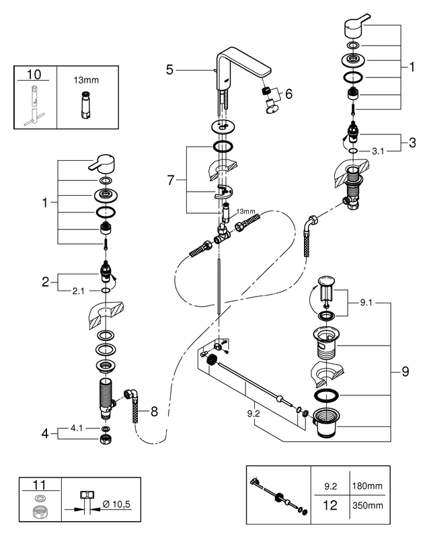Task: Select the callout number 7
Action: tap(172, 180)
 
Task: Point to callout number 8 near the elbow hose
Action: tap(154, 411)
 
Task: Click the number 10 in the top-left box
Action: tap(34, 73)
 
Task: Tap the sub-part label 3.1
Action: tap(379, 151)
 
